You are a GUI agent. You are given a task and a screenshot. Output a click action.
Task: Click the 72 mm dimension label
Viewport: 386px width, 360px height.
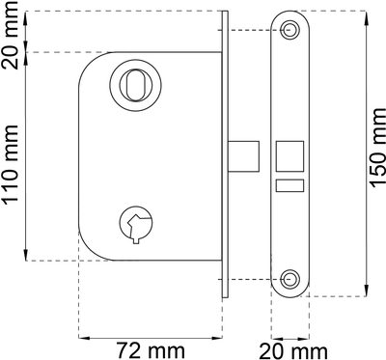(x=151, y=350)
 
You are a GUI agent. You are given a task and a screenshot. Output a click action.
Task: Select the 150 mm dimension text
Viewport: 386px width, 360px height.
(x=377, y=148)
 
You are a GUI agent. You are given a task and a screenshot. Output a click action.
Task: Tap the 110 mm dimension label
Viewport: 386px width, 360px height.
(x=10, y=165)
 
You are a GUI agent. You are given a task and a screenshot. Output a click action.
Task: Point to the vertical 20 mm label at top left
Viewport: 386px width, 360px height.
(x=10, y=35)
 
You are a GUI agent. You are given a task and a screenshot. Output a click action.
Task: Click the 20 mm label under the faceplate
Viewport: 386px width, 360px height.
(x=293, y=351)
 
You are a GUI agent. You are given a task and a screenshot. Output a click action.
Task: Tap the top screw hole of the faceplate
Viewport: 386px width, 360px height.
(x=289, y=30)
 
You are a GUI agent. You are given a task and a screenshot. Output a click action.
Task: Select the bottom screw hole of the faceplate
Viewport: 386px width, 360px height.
(x=289, y=278)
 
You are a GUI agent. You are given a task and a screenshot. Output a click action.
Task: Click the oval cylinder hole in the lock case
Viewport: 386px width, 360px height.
(x=135, y=85)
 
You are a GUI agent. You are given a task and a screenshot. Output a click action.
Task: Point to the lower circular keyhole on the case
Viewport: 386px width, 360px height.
(x=136, y=223)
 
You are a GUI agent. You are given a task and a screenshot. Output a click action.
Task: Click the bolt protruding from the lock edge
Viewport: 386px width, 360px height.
(x=243, y=156)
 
